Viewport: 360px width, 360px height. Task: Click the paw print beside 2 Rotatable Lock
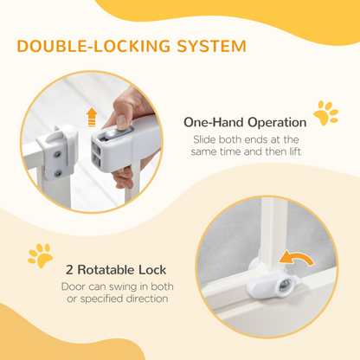tap(40, 255)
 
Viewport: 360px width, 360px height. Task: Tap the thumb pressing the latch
tap(121, 110)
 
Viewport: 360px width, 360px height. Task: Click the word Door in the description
tap(74, 286)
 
